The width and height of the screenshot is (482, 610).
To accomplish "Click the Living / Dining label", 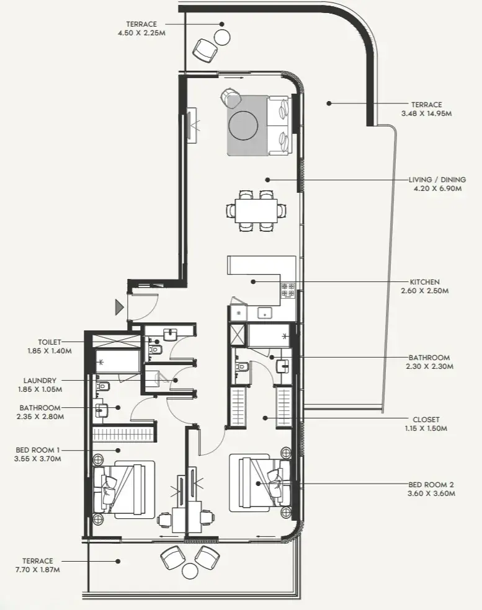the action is [x=437, y=180].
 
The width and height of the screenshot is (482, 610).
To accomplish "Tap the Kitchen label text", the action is [x=424, y=281].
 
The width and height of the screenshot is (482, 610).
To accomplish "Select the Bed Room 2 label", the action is [x=431, y=485].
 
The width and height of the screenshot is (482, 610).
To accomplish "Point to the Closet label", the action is [x=426, y=420].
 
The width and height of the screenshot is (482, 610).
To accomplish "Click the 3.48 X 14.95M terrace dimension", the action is [x=426, y=113].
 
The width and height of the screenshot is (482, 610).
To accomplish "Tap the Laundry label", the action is [x=40, y=381].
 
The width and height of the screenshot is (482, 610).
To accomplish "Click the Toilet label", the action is [x=50, y=342].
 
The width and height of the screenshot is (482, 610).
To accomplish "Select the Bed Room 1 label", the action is [x=38, y=450].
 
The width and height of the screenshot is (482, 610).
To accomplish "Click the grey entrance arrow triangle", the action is [x=118, y=307].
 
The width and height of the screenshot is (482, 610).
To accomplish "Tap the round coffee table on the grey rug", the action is [x=243, y=125].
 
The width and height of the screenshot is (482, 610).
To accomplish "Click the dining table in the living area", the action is [x=256, y=211].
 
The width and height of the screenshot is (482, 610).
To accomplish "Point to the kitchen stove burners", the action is [x=288, y=290].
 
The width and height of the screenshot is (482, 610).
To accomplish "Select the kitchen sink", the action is [x=266, y=312].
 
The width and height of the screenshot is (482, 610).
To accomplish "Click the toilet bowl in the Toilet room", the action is [x=154, y=349].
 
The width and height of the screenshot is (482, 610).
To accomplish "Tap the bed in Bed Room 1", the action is [x=123, y=489].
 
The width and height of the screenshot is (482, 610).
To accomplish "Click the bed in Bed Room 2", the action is [x=260, y=482].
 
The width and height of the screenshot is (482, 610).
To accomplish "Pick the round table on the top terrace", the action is [x=222, y=38].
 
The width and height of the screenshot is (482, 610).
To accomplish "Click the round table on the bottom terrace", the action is [x=191, y=571].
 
